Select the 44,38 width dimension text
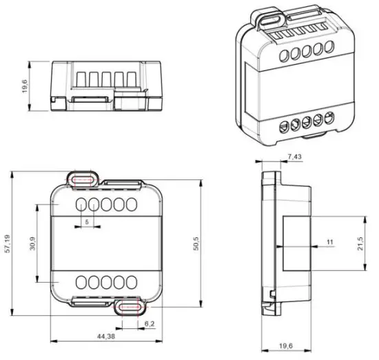tap(105, 336)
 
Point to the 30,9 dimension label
tap(32, 244)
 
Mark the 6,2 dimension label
tap(150, 323)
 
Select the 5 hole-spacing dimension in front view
tap(86, 221)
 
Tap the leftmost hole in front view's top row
tap(81, 205)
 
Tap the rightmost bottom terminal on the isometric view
tap(328, 118)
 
